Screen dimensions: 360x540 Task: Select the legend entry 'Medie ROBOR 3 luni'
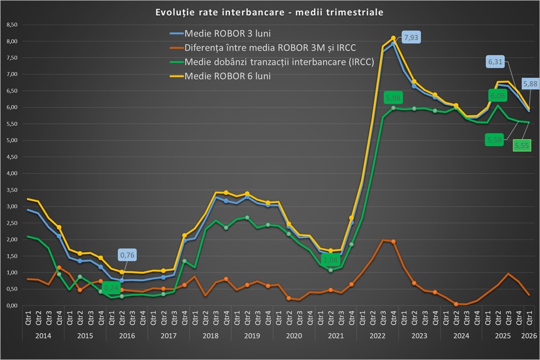pos(227,34)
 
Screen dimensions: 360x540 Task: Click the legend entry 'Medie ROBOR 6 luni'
pos(227,76)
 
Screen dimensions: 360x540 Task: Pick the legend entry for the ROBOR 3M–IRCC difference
pos(270,48)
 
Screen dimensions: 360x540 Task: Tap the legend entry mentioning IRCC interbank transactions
pos(279,62)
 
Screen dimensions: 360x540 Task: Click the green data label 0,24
pos(112,287)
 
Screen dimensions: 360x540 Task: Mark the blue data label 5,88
pos(529,84)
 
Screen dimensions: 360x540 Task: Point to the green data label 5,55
pos(522,145)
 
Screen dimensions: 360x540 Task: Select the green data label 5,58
pos(495,140)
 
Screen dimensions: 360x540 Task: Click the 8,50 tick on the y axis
pos(11,25)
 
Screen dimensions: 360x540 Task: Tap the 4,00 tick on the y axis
pos(11,173)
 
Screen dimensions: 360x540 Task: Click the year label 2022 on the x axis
pos(377,335)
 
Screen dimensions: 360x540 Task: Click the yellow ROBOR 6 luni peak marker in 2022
pos(393,38)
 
